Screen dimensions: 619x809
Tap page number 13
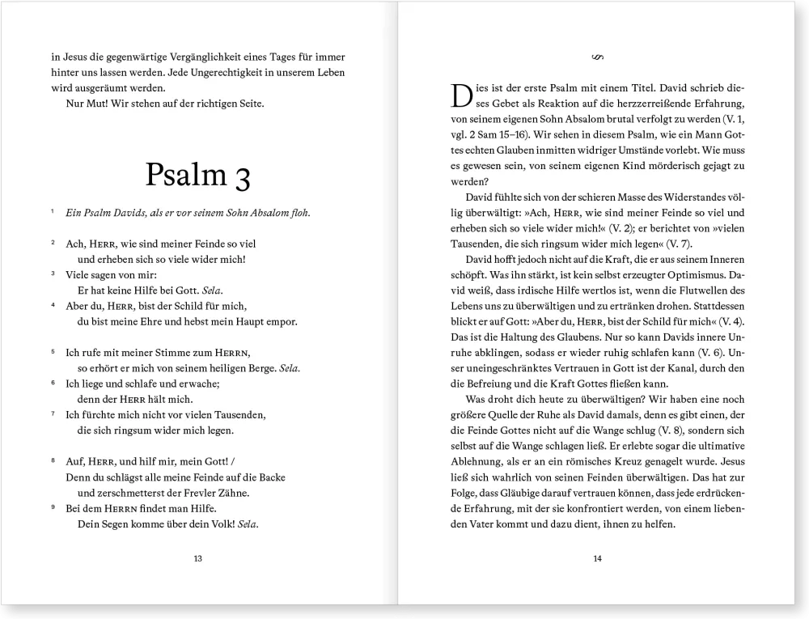(x=198, y=558)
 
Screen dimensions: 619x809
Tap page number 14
(x=598, y=558)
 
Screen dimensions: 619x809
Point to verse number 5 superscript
(x=53, y=352)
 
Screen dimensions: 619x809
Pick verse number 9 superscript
(x=53, y=507)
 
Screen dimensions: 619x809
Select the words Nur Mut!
(x=87, y=104)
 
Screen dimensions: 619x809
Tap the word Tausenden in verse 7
(x=216, y=414)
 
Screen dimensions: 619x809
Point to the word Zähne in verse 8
(x=231, y=493)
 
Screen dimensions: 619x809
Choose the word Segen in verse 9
(x=112, y=524)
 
